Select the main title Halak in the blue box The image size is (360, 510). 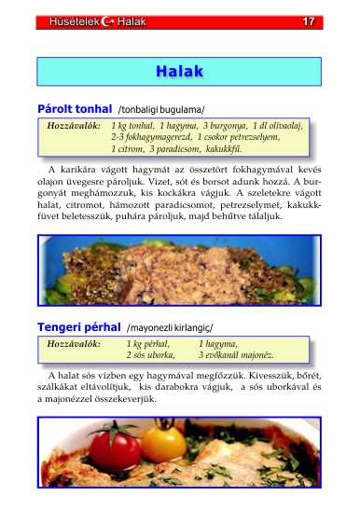coord(179,71)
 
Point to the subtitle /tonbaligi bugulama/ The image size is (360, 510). coord(160,110)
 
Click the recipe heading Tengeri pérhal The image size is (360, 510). coord(78,327)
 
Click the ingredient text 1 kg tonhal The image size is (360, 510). coord(132,124)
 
